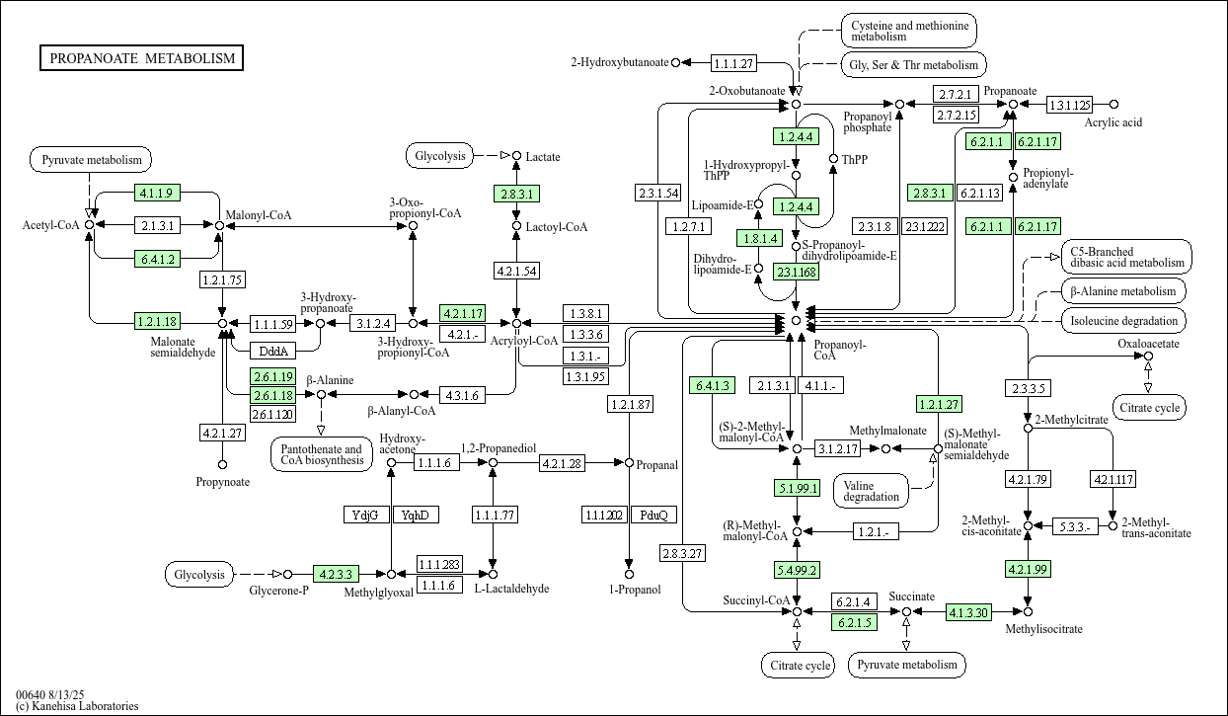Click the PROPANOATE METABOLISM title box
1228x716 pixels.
[x=142, y=58]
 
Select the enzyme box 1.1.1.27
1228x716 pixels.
[x=732, y=63]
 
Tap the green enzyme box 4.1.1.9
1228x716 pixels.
[x=156, y=193]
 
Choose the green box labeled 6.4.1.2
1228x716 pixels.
[x=156, y=260]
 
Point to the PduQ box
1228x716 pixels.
[x=653, y=515]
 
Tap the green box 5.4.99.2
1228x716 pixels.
[x=797, y=569]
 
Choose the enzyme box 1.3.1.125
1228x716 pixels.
[x=1069, y=104]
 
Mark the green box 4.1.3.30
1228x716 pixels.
[x=968, y=612]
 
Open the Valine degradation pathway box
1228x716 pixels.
[x=873, y=490]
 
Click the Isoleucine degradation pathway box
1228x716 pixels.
[x=1125, y=321]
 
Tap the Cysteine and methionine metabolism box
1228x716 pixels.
[x=908, y=30]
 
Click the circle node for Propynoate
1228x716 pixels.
[x=223, y=464]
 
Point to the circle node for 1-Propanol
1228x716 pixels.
[x=628, y=573]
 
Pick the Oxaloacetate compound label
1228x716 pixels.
[x=1148, y=343]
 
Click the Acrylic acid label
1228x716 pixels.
[x=1113, y=122]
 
